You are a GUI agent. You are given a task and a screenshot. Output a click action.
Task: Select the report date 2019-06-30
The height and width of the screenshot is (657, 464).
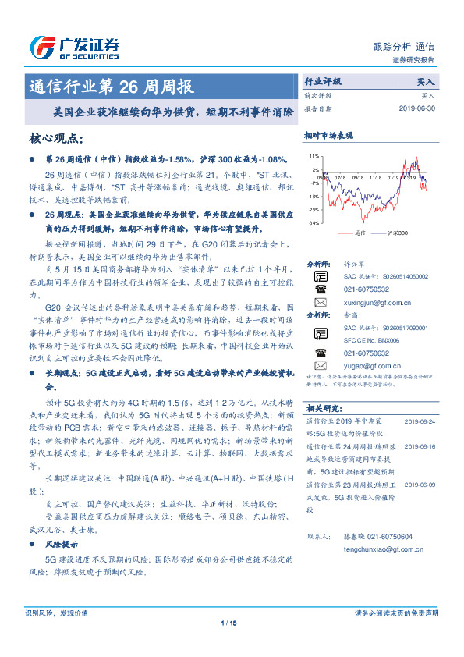417,108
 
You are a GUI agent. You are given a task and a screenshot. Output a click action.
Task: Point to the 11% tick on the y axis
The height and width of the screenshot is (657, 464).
313,157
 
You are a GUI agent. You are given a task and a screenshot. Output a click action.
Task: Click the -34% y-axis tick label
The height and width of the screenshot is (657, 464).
313,223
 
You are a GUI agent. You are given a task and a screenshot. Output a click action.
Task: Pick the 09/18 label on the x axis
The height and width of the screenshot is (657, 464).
359,178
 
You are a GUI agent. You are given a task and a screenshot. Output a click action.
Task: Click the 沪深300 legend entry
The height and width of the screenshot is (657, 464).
395,233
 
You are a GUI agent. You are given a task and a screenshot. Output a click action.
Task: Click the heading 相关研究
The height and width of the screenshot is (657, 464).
323,408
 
